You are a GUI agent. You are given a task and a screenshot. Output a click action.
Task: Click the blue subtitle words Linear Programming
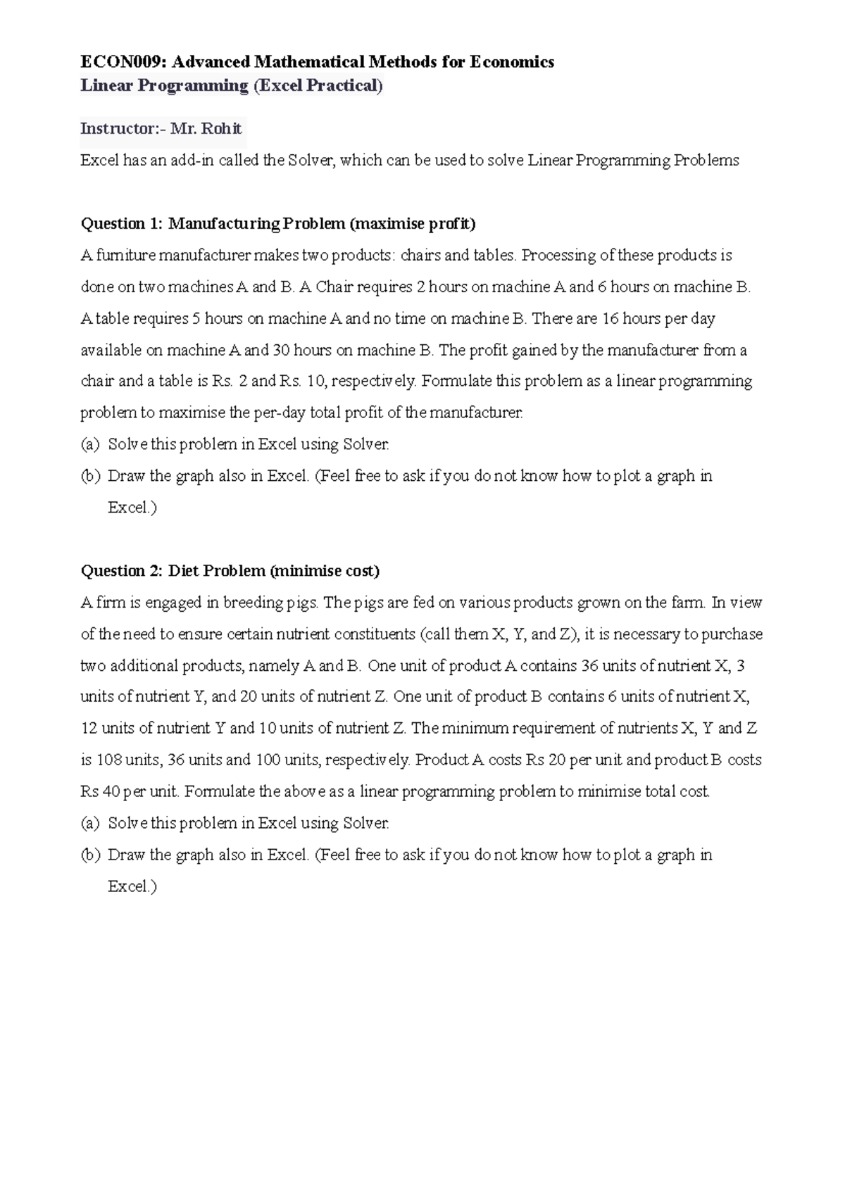coord(164,86)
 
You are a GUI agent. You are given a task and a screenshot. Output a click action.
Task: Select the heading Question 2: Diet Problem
coord(173,571)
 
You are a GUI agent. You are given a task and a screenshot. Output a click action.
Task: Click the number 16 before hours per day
coord(610,319)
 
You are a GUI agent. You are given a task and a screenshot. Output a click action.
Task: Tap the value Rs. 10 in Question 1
coord(302,382)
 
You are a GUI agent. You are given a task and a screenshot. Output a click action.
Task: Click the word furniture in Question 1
coord(123,256)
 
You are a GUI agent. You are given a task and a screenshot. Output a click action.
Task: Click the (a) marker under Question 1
coord(90,445)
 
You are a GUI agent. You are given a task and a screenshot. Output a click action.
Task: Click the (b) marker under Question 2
coord(90,855)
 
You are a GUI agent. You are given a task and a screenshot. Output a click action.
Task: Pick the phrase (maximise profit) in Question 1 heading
coord(413,224)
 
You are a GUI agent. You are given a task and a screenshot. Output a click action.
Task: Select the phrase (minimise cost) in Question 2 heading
coord(325,571)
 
